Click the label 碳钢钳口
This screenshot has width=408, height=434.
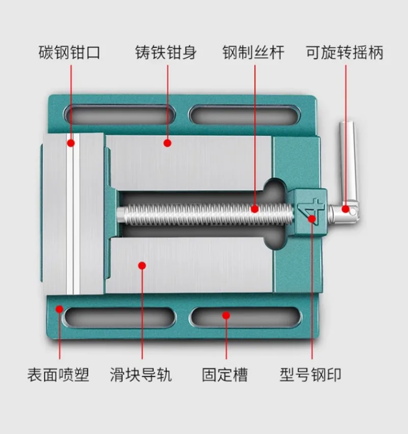70,53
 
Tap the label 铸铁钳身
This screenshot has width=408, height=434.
166,53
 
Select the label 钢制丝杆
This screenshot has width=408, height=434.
253,53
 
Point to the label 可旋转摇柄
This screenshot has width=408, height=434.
344,53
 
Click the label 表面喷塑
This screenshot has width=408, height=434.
58,375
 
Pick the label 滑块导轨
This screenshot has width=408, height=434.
141,375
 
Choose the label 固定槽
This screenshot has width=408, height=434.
225,375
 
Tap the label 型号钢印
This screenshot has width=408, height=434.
310,375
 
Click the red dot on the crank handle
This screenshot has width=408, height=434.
345,209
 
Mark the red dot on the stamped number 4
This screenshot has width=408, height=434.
312,219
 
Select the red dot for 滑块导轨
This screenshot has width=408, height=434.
142,265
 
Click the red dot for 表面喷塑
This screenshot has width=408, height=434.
60,308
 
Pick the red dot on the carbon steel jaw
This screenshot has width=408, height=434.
71,143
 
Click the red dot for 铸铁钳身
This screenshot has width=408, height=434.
167,143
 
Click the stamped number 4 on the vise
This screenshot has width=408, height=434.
312,210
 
